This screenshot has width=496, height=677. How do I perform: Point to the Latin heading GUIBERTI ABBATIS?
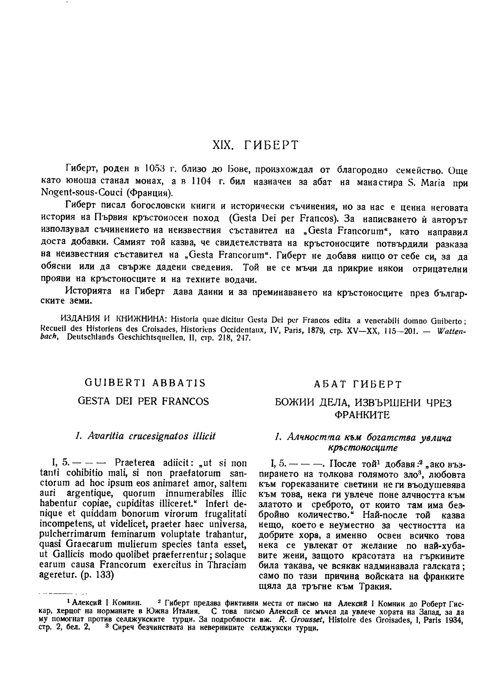[145, 383]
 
